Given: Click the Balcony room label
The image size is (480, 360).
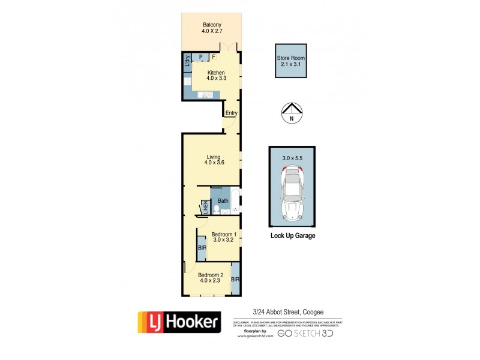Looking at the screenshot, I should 211,25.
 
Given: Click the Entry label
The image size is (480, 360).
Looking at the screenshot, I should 231,113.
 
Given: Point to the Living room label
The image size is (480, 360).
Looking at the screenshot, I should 214,158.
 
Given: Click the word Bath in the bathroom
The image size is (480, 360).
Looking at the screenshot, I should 223,201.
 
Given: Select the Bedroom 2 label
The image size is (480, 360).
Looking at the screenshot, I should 211,275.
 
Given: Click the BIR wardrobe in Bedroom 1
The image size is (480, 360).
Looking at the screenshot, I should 201,248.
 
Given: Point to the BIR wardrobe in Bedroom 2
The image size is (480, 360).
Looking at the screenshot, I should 235,280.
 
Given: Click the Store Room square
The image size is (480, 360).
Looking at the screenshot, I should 291,61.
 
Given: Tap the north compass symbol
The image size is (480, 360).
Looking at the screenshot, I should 292,112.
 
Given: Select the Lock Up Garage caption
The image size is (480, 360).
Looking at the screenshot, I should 292,236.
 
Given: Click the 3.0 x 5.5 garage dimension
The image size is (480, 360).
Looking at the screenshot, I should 292,158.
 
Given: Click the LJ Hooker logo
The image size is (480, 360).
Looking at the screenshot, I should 179,323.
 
